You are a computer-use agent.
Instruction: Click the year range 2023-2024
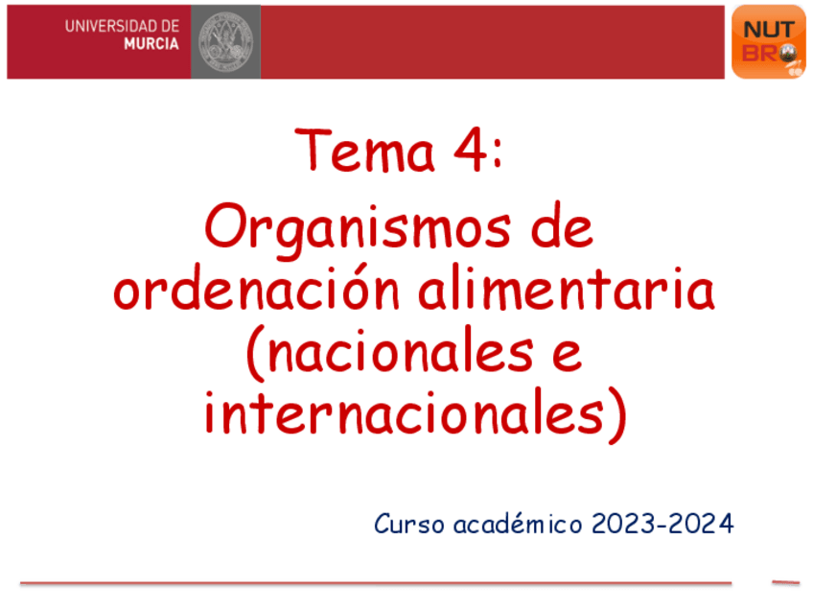click(663, 525)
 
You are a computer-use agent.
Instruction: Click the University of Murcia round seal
click(225, 41)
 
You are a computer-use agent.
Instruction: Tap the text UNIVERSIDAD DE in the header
click(122, 26)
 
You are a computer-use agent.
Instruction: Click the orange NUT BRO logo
click(768, 41)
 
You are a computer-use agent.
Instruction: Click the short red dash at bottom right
click(785, 581)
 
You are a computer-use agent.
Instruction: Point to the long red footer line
click(375, 582)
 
